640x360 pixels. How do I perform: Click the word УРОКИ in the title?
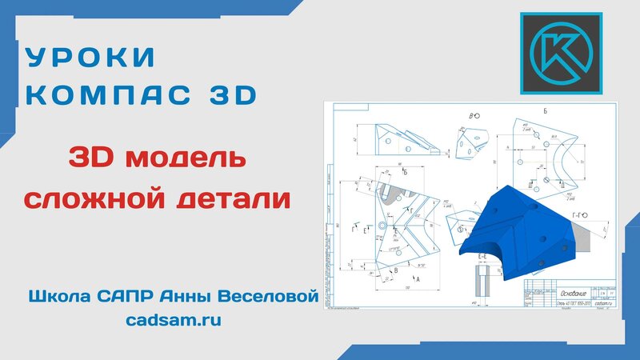90,58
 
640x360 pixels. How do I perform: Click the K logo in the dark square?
560,54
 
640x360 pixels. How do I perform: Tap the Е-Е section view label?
482,256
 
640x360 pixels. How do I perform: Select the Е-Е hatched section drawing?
483,280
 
